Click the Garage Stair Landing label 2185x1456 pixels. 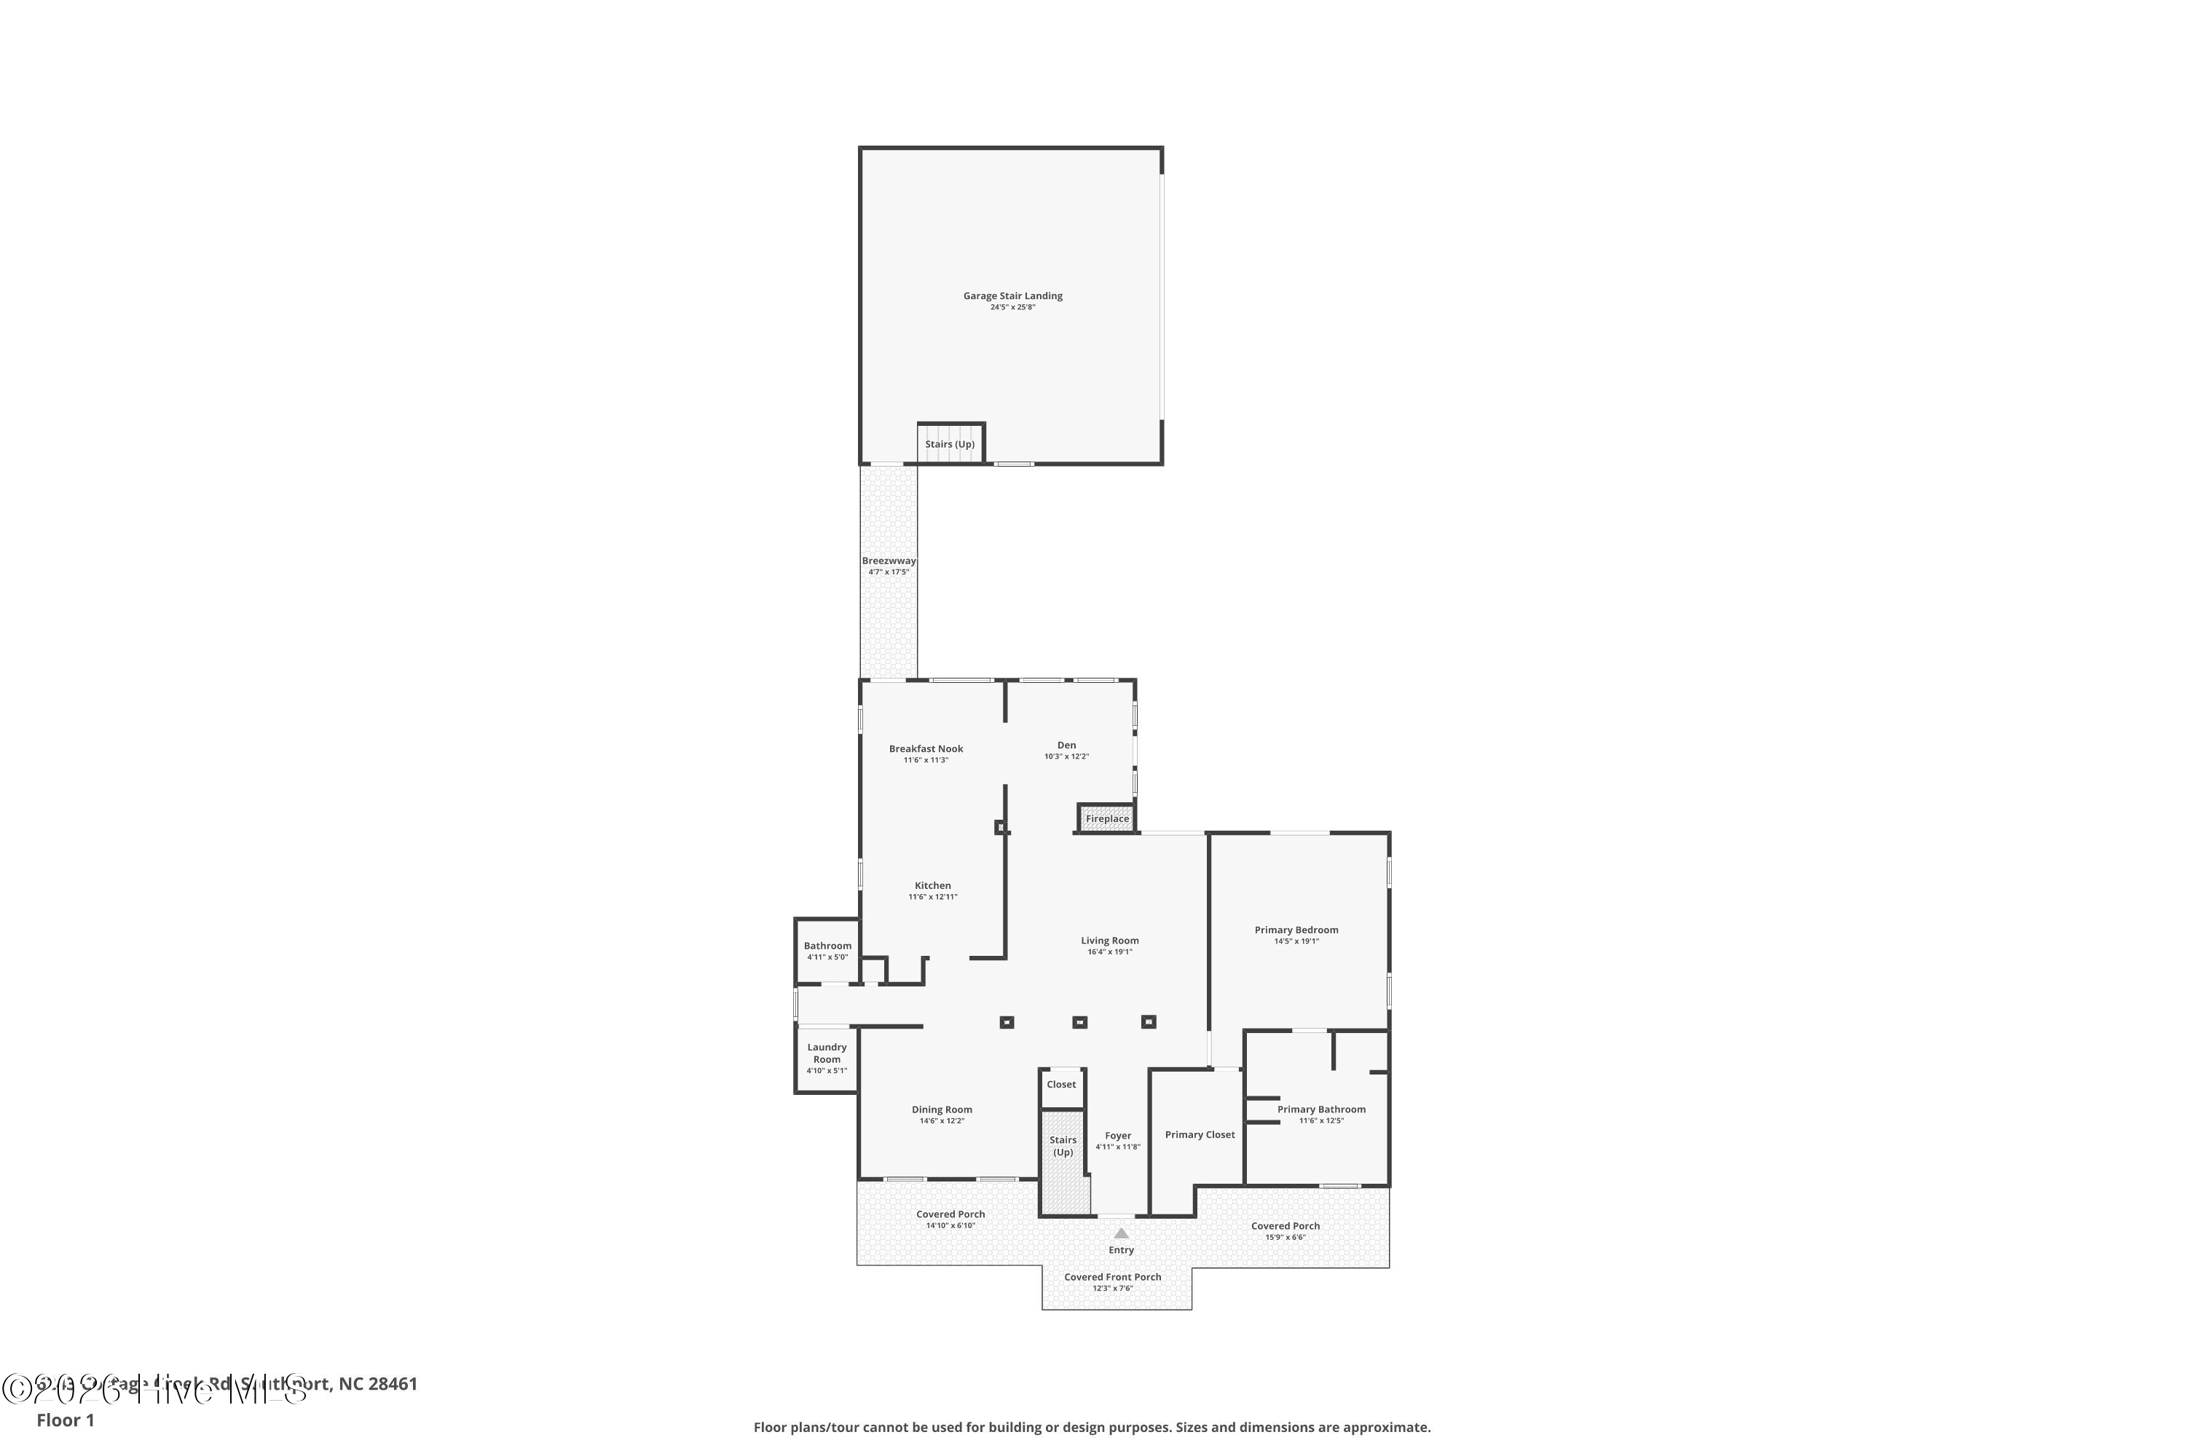tap(1012, 296)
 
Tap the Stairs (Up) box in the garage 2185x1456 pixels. tap(950, 444)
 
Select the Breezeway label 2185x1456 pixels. tap(888, 561)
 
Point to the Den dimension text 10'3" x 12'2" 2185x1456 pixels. tap(1066, 757)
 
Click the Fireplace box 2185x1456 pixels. tap(1106, 819)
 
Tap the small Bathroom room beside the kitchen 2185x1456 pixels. tap(827, 951)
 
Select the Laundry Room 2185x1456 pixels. tap(826, 1058)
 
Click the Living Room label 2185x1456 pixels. tap(1109, 941)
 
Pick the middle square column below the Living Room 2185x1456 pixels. tap(1079, 1022)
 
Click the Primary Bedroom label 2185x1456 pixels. tap(1296, 930)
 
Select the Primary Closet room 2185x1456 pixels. tap(1200, 1135)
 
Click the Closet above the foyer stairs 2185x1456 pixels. tap(1061, 1085)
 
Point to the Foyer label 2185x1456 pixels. tap(1117, 1136)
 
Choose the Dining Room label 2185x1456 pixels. tap(941, 1109)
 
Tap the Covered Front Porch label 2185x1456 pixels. tap(1112, 1277)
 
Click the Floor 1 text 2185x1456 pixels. tap(65, 1420)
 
